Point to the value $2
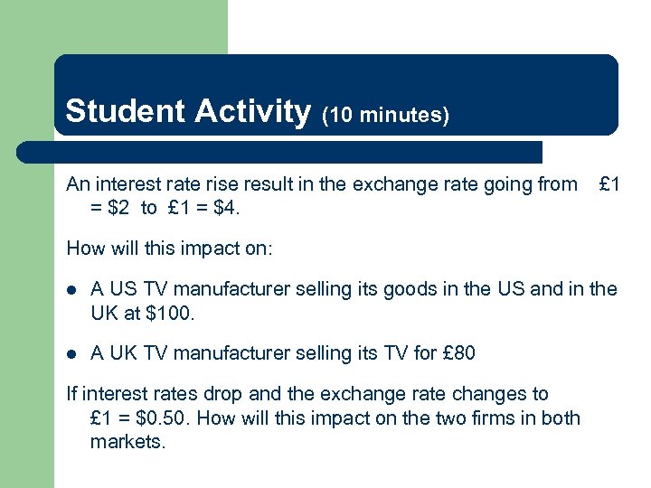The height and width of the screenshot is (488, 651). click(x=120, y=208)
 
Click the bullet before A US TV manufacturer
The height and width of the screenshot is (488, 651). click(x=72, y=290)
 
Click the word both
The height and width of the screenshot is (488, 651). click(x=561, y=418)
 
